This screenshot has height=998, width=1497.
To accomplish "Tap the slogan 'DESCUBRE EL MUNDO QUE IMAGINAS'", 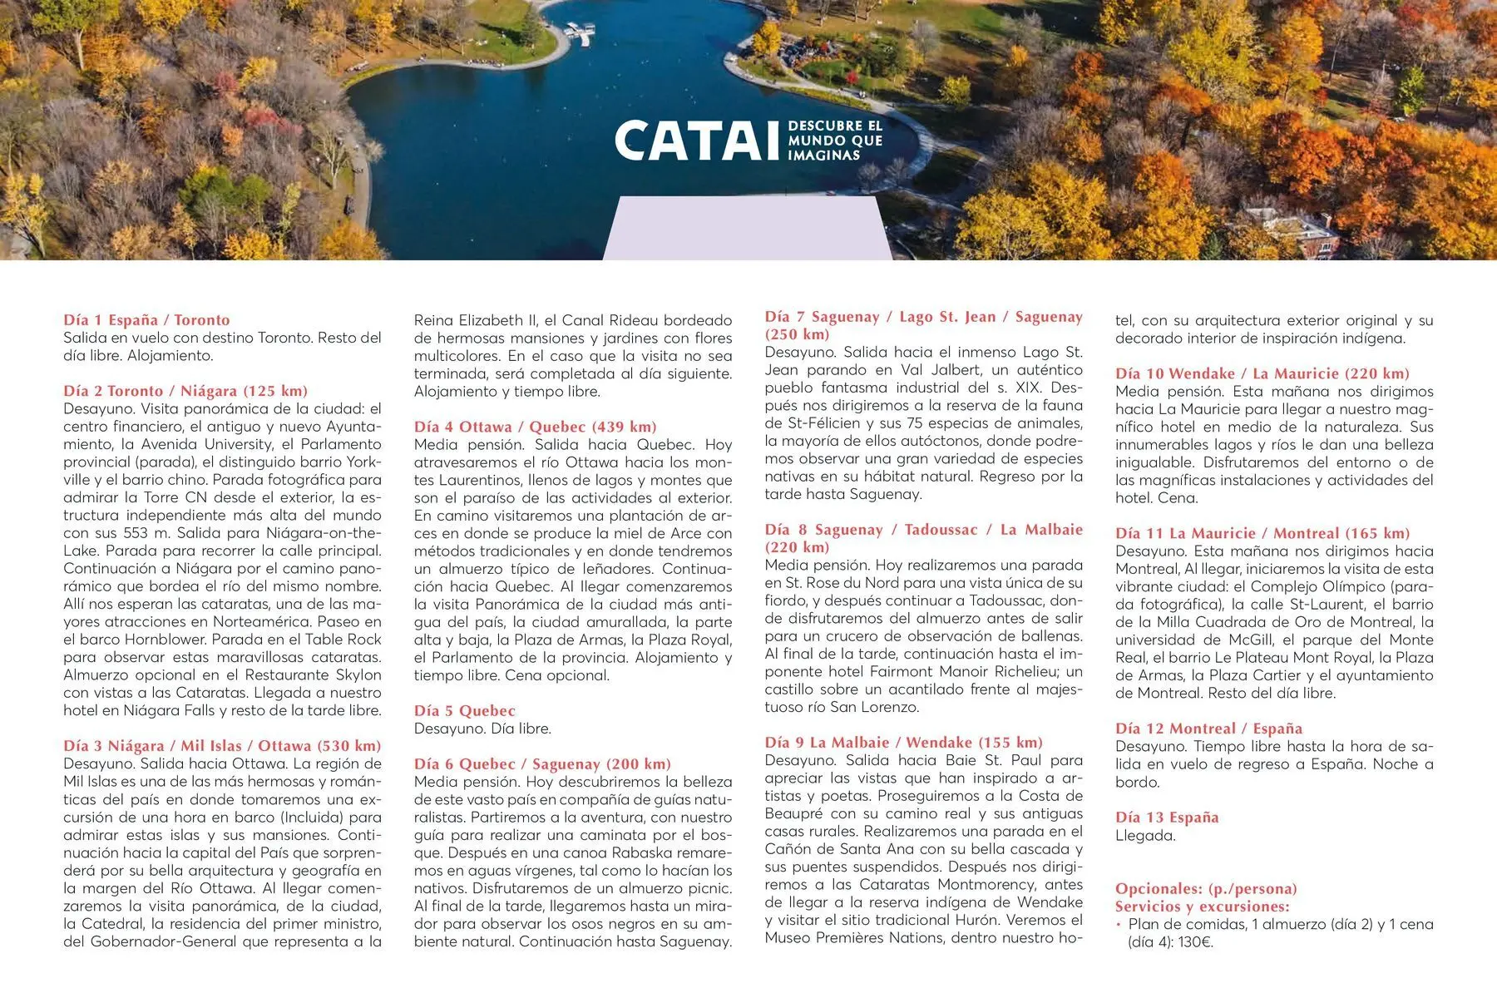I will (x=834, y=141).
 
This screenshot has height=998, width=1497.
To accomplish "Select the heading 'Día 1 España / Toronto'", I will (x=146, y=320).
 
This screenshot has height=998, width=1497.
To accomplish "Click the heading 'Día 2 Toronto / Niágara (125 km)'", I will (x=185, y=391).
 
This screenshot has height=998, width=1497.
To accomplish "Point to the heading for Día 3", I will (x=222, y=746).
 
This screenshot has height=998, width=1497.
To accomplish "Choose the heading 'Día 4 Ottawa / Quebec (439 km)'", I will (x=535, y=427).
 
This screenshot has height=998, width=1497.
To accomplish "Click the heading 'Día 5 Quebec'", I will (x=464, y=711).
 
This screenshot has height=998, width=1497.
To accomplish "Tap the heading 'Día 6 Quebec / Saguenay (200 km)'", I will (x=542, y=764).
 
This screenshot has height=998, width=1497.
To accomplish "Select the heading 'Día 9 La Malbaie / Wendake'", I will (x=903, y=743).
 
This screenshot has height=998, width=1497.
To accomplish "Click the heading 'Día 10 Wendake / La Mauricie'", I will (x=1262, y=373).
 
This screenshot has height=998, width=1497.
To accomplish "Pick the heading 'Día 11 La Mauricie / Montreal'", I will (x=1262, y=533).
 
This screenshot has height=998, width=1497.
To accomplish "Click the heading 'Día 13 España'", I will (x=1167, y=818).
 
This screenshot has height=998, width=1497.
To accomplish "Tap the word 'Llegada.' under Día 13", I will (x=1145, y=836).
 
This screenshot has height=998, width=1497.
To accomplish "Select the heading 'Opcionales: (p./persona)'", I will (x=1206, y=889).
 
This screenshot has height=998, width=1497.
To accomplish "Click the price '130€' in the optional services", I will (x=1196, y=942).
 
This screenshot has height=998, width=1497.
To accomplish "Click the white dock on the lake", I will (x=580, y=33).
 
